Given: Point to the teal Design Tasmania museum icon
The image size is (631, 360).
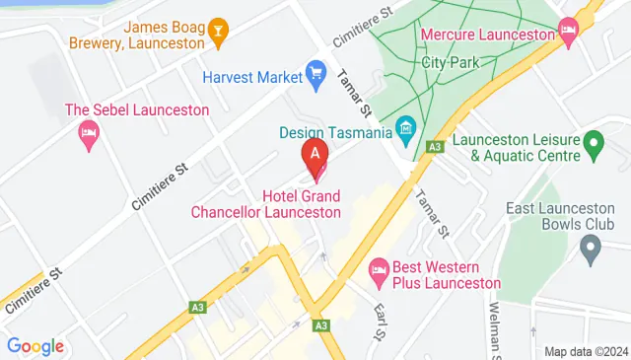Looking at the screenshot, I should coord(405,129).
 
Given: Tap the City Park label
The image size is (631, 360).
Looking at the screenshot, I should coord(444,61).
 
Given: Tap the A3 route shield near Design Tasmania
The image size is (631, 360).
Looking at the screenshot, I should coord(433,147).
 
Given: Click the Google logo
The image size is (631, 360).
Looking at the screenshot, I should coord(35,346).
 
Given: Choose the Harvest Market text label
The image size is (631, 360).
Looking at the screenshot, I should coord(249,76).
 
